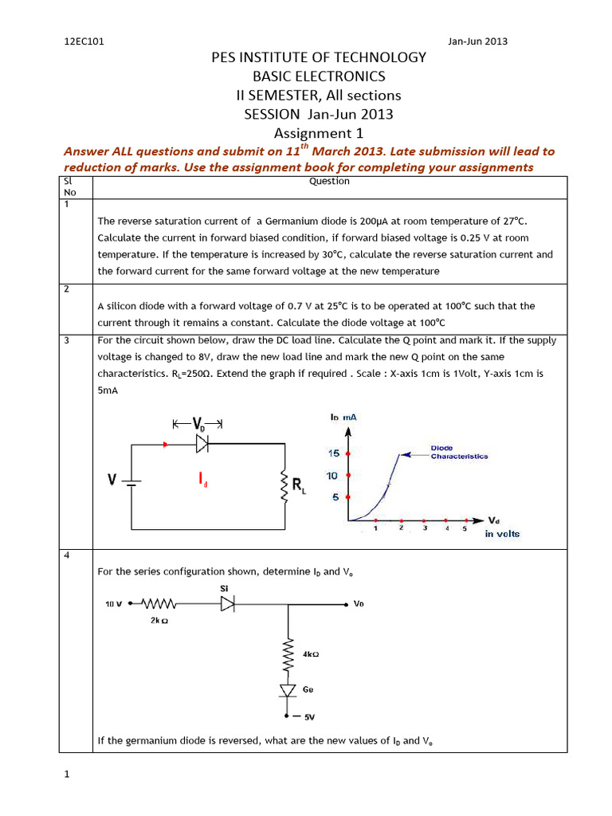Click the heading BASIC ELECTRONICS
coord(318,76)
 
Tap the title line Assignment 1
coord(318,133)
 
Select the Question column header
coord(329,182)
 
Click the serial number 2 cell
coord(67,289)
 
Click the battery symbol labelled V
coord(131,481)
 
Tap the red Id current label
coord(204,478)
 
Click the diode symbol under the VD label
coord(201,445)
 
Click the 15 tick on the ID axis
coord(334,453)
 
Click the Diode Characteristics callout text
coord(459,452)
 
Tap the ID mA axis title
coord(345,417)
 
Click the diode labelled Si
coord(227,605)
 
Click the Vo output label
coord(359,604)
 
